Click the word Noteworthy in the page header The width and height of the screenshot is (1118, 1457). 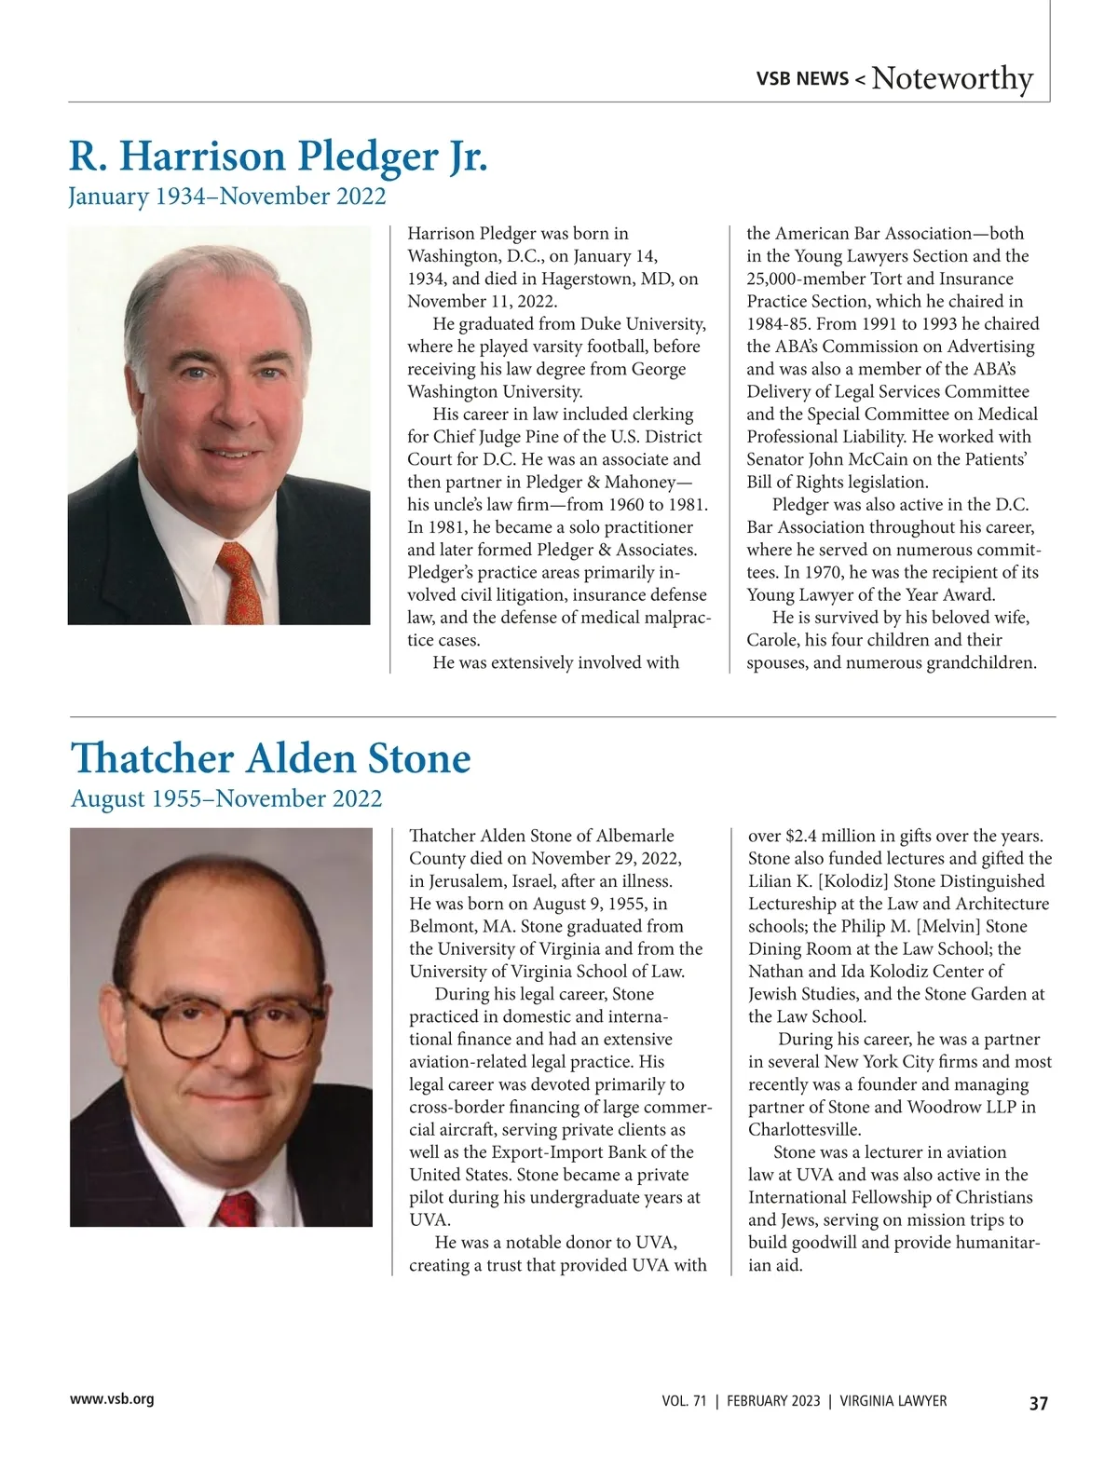coord(952,78)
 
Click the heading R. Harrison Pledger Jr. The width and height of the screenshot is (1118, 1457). coord(278,156)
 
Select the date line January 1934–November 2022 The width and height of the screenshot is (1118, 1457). coord(226,197)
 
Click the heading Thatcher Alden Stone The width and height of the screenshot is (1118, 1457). coord(270,757)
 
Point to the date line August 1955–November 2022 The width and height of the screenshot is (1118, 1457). coord(226,798)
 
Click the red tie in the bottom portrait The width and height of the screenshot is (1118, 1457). coord(235,1208)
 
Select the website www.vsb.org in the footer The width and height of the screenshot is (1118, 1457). coord(112,1398)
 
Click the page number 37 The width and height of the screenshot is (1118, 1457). coord(1038,1403)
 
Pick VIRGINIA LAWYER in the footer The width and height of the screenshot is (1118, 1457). coord(893,1401)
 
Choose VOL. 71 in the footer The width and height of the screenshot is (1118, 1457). coord(684,1401)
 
